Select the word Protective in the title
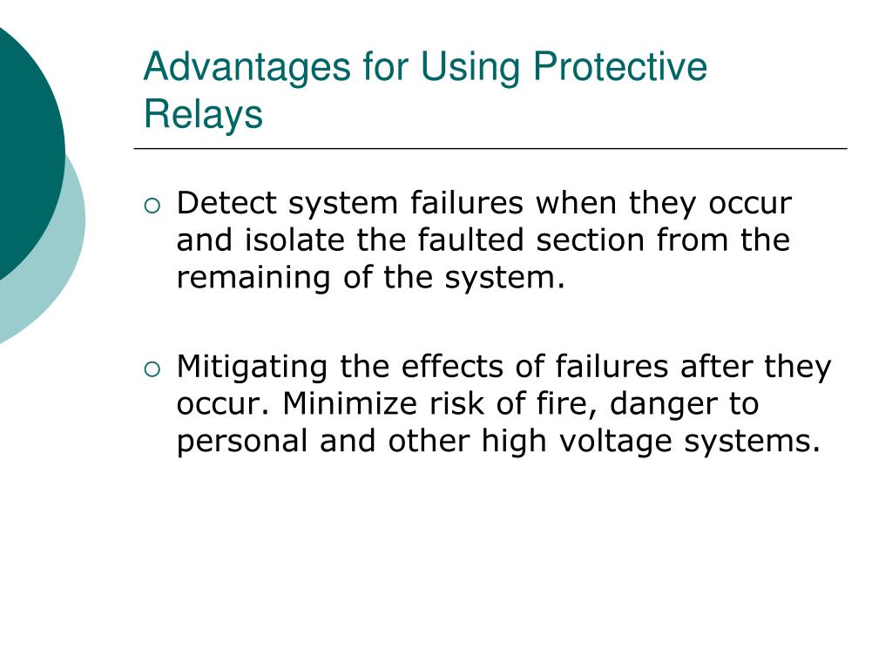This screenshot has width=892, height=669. [x=620, y=68]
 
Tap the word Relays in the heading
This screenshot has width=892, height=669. [x=203, y=114]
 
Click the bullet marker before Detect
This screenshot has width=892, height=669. [x=152, y=206]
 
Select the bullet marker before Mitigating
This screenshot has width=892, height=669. [x=152, y=370]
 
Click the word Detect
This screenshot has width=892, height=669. [x=227, y=204]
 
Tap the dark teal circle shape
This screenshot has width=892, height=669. [x=22, y=148]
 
